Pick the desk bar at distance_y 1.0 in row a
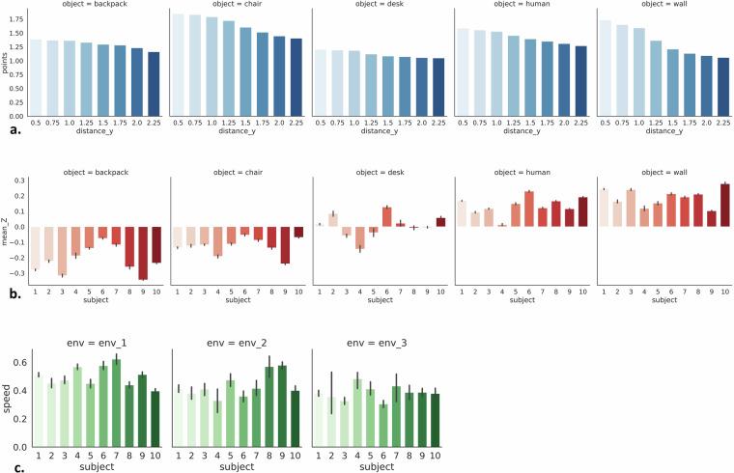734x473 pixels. click(x=355, y=83)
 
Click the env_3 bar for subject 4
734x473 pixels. click(x=384, y=414)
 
